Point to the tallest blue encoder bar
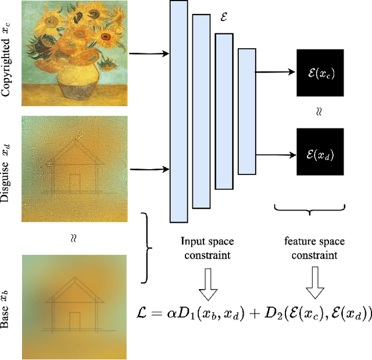(x=178, y=111)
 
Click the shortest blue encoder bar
(x=247, y=111)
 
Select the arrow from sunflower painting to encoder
(x=148, y=54)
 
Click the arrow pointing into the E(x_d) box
(x=276, y=154)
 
